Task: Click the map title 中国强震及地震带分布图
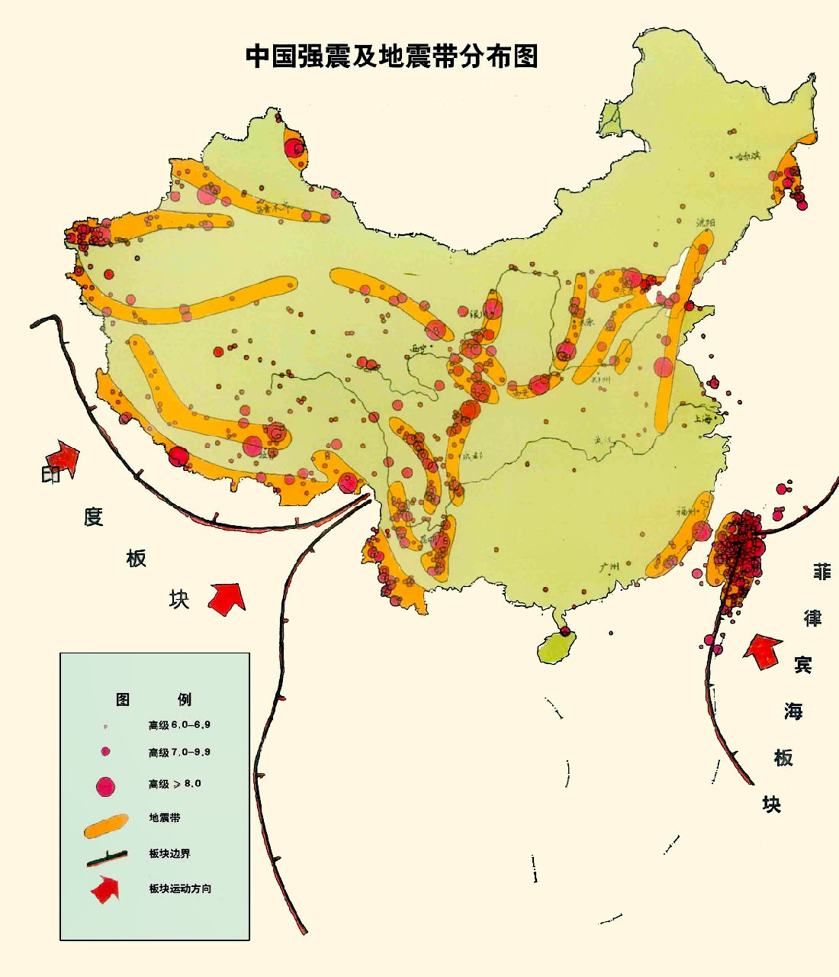tap(391, 56)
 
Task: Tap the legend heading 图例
tap(153, 699)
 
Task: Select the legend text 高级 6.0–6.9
tap(179, 724)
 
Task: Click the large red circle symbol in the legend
tap(104, 785)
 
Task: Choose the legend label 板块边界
tap(169, 853)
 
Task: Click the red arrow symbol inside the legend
tap(105, 888)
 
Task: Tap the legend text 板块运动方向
tap(180, 888)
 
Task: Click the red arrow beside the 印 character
tap(66, 457)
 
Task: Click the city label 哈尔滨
tap(747, 156)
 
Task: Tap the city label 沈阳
tap(706, 222)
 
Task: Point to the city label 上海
tap(706, 418)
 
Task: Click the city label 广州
tap(608, 566)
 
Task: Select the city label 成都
tap(473, 456)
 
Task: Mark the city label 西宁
tap(419, 349)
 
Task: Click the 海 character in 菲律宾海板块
tap(793, 711)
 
